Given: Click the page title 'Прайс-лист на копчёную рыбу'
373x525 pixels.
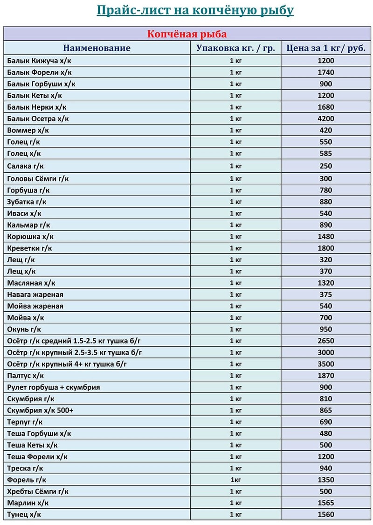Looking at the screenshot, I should (195, 10).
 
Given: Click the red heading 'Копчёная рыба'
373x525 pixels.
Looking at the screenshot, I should (187, 34).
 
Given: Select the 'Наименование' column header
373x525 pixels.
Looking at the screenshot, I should (97, 48).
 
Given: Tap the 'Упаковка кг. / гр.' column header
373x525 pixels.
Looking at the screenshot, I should (235, 48).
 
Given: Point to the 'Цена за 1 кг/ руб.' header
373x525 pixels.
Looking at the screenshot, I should (325, 48).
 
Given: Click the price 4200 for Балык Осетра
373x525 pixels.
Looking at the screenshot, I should (325, 119).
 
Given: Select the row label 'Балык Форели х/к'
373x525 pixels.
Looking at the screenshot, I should (40, 72).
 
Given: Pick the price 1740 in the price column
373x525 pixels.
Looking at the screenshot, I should (325, 72).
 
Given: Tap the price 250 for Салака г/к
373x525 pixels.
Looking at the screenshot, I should (326, 166).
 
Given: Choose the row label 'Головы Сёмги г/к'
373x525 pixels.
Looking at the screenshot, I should (38, 178).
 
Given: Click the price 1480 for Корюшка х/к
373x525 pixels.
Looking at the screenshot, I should (325, 237).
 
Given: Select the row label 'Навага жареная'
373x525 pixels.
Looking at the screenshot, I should (35, 294).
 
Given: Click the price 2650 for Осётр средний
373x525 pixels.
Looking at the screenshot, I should (325, 341).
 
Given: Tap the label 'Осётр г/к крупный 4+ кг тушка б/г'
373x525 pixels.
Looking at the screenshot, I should (67, 364).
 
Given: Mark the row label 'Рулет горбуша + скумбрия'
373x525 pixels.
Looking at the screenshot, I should (54, 387).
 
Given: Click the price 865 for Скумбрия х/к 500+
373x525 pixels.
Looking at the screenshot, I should (326, 410).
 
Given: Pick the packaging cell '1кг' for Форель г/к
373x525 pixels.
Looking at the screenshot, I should (235, 480).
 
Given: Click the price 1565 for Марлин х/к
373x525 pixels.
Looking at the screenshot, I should (325, 503).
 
